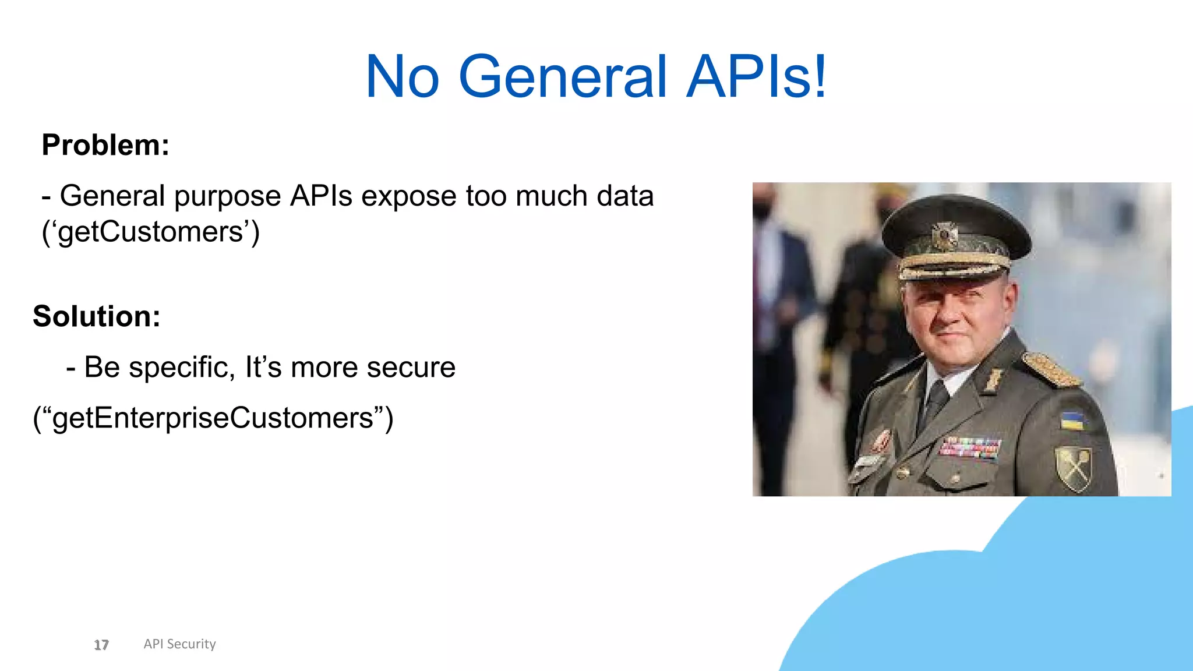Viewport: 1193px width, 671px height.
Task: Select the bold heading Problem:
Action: coord(105,145)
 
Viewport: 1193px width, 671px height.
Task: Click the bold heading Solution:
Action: coord(97,316)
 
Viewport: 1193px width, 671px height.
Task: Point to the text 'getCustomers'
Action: coord(150,232)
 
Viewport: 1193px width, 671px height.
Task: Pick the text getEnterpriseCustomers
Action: coord(213,418)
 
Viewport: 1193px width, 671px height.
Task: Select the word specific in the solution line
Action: coord(182,368)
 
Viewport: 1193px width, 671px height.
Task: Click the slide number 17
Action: coord(101,645)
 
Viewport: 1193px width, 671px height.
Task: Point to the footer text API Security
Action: coord(179,644)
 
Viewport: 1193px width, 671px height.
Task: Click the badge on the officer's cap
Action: coord(944,236)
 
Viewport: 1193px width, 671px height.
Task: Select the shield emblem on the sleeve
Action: coord(1074,467)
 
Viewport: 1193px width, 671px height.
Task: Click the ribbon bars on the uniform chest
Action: coord(970,447)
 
